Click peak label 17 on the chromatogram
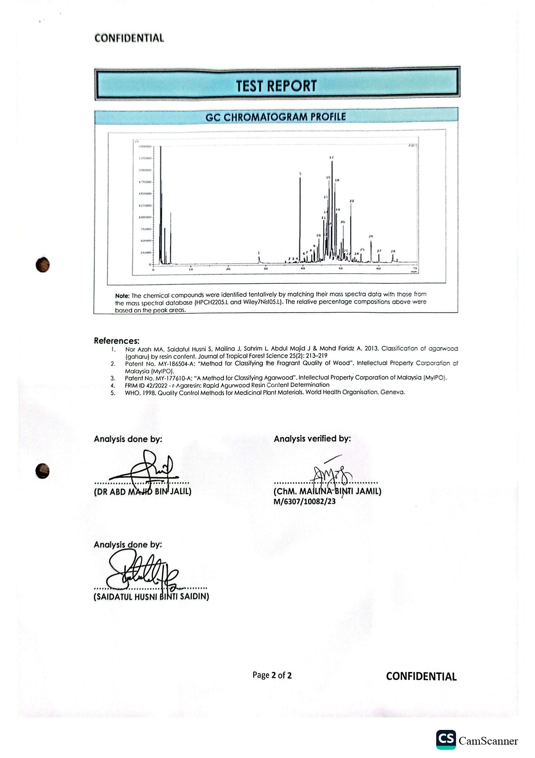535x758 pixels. [x=331, y=158]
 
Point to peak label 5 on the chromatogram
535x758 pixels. [x=300, y=174]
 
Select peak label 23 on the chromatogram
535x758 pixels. [x=352, y=201]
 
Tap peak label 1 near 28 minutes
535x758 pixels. [x=259, y=253]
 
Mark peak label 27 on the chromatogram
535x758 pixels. [x=379, y=251]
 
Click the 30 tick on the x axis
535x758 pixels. [x=266, y=269]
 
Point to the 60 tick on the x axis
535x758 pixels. [x=378, y=269]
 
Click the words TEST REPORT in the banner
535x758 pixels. [x=276, y=86]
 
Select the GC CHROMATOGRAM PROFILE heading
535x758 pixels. [x=276, y=117]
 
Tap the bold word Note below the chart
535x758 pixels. [x=122, y=296]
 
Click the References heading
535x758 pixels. [x=116, y=341]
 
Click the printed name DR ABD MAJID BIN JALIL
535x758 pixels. [x=142, y=492]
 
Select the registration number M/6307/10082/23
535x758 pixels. [x=304, y=501]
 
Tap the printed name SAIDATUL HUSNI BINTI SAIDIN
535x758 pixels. [x=151, y=596]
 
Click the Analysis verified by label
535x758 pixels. [x=312, y=439]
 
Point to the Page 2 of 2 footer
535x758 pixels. [x=272, y=675]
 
